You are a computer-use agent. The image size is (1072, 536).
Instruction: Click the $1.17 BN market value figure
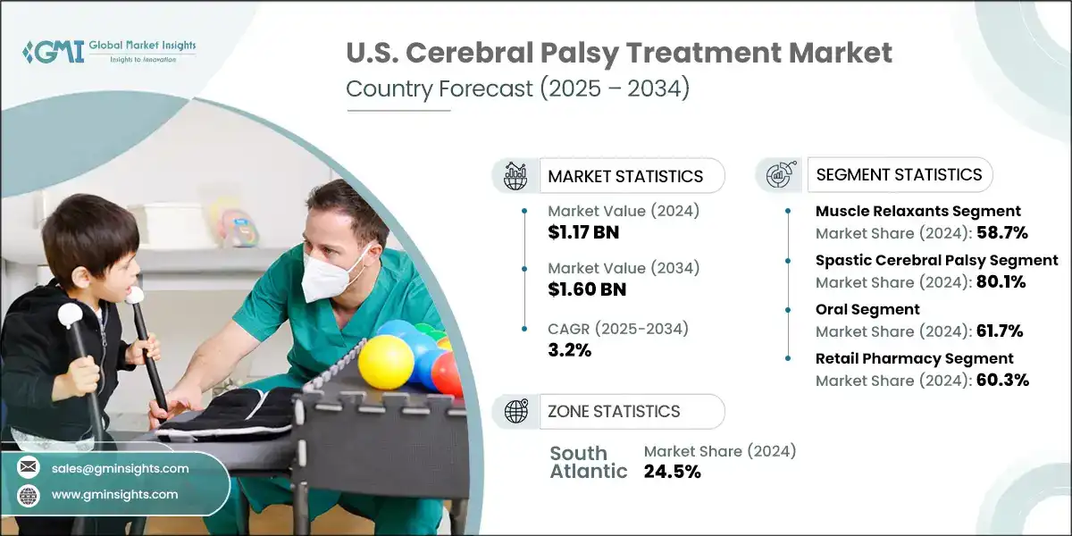pos(583,233)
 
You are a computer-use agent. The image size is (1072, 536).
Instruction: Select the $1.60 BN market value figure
pos(587,289)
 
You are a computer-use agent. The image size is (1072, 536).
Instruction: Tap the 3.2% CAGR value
pos(570,350)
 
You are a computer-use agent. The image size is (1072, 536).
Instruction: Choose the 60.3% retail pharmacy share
pos(1001,380)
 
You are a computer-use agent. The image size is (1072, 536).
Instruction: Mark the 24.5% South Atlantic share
pos(672,472)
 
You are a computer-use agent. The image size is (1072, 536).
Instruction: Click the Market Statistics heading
pos(625,176)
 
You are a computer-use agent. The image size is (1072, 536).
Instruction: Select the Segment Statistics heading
pos(899,174)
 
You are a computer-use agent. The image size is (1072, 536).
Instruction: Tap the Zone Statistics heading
pos(614,412)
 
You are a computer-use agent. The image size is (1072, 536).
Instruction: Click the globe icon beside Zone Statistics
pos(515,412)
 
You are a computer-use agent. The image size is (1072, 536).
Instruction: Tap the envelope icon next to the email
pos(29,468)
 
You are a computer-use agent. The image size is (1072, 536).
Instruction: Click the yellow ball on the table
pos(385,362)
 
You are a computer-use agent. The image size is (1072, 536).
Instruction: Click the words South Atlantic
pos(588,462)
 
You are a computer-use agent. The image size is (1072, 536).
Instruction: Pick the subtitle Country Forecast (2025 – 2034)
pos(517,90)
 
